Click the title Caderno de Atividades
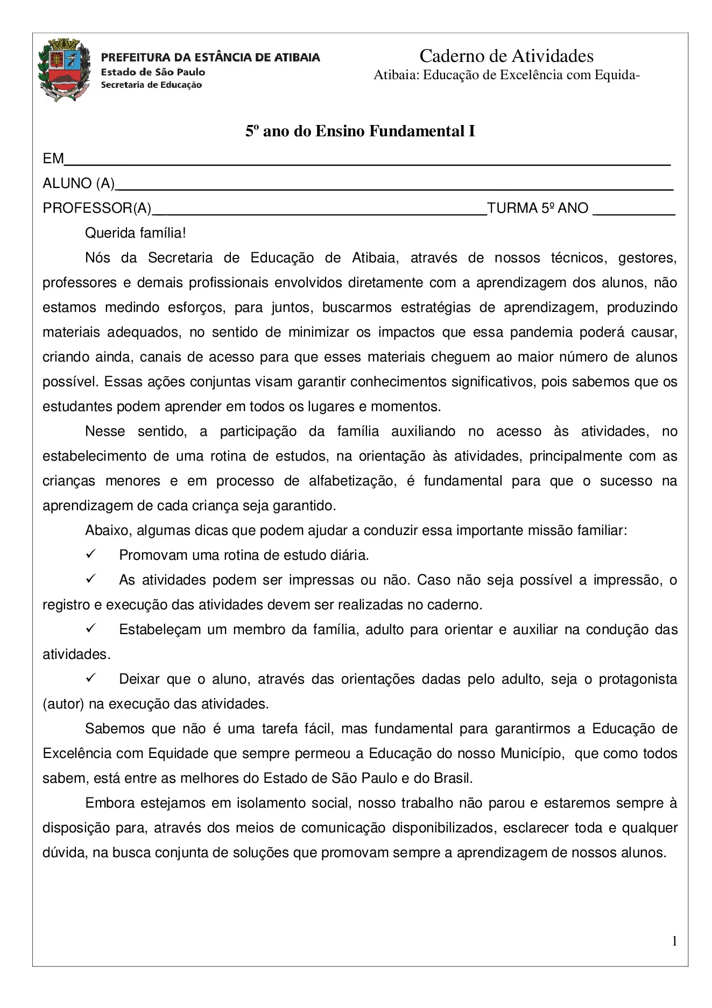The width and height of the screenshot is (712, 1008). click(506, 56)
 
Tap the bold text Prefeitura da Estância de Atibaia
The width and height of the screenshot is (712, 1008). click(210, 57)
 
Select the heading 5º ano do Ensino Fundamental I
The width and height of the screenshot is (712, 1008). click(360, 131)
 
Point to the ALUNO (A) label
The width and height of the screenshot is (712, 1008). click(79, 184)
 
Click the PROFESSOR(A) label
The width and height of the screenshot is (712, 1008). click(97, 208)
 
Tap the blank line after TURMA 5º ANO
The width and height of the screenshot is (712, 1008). click(633, 212)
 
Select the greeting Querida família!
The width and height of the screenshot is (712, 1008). click(135, 233)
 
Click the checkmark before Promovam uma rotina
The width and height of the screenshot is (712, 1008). click(91, 554)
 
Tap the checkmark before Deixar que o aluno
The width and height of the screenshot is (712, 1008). click(91, 678)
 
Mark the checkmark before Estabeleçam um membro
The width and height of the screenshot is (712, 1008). click(91, 628)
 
